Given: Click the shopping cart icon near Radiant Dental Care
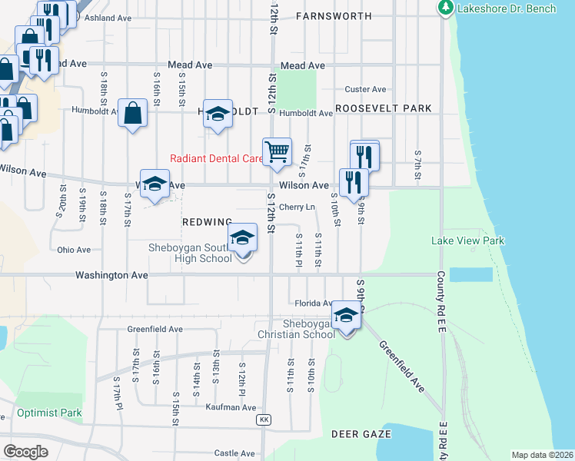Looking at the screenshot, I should tap(277, 151).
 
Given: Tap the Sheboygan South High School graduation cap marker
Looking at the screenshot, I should tap(242, 239).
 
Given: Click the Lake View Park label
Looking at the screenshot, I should tap(467, 240).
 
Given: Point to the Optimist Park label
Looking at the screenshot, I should tap(49, 413).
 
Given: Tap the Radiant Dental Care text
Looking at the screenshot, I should tap(216, 159).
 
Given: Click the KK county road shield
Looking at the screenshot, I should tap(264, 420).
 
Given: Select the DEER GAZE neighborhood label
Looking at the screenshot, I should tap(361, 434).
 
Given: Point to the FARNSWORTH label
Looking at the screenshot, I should tap(333, 15).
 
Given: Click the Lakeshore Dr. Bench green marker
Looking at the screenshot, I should tap(445, 8).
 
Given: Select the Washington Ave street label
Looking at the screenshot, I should tap(111, 274).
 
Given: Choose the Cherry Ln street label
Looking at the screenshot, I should tap(297, 207).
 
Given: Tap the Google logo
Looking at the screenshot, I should tap(26, 451).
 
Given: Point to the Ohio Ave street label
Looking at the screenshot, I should tap(74, 250).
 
